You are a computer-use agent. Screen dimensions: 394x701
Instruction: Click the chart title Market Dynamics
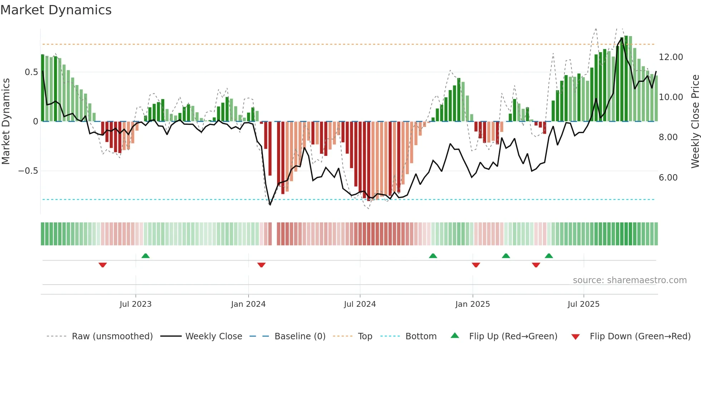point(56,10)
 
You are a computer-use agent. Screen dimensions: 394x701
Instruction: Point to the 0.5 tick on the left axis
point(31,72)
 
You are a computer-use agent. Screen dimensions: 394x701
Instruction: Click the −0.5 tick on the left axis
point(28,171)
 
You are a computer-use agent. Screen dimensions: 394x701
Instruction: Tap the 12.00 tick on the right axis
point(671,57)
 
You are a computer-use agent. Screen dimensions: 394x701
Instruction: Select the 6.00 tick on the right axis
point(668,178)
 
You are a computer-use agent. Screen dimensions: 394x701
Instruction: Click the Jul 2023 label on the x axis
point(136,304)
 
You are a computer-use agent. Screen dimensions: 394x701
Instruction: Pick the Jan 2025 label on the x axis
point(472,304)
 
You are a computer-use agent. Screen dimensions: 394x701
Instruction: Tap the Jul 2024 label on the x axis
point(360,304)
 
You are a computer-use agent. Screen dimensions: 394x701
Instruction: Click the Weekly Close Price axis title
point(695,122)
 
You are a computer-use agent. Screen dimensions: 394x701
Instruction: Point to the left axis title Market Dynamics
point(6,122)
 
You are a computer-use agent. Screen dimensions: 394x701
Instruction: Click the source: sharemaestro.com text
point(629,280)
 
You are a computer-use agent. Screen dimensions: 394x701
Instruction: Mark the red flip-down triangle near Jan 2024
point(261,265)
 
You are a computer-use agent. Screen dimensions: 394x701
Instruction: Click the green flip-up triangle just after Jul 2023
point(146,256)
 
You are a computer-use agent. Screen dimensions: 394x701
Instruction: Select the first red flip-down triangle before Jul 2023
point(103,265)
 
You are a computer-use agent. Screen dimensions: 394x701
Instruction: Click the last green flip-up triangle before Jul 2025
point(549,256)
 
